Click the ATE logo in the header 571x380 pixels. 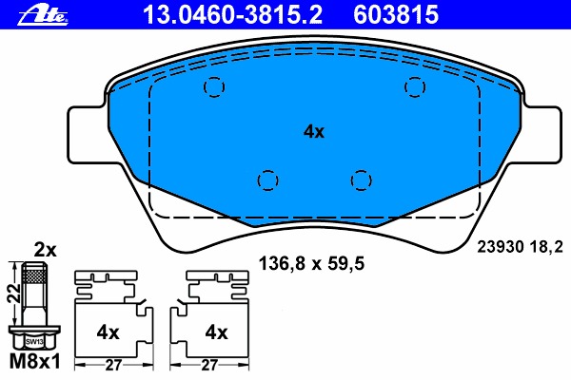click(x=43, y=15)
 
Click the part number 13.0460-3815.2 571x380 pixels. click(x=232, y=15)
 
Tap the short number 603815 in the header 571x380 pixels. click(x=396, y=15)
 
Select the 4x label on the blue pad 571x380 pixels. click(x=313, y=132)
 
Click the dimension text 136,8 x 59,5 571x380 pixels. click(x=311, y=264)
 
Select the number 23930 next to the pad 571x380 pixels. click(x=500, y=247)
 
